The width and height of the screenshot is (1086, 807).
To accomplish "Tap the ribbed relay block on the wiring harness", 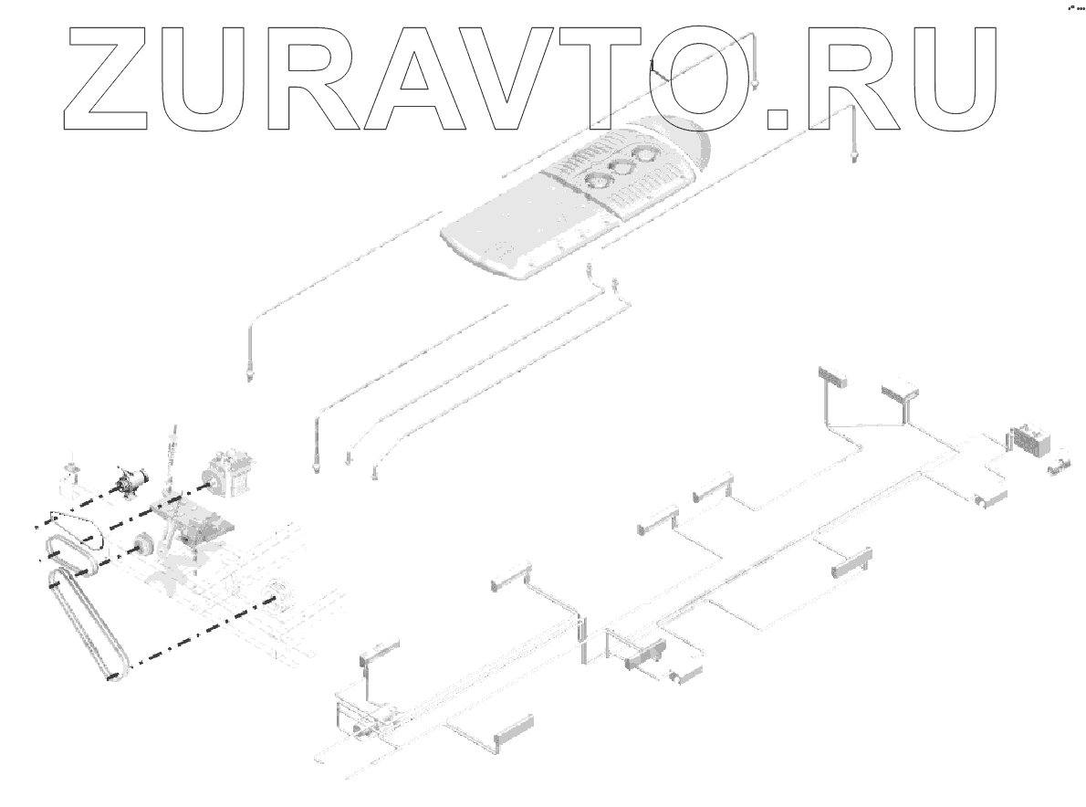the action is point(1029,439).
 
